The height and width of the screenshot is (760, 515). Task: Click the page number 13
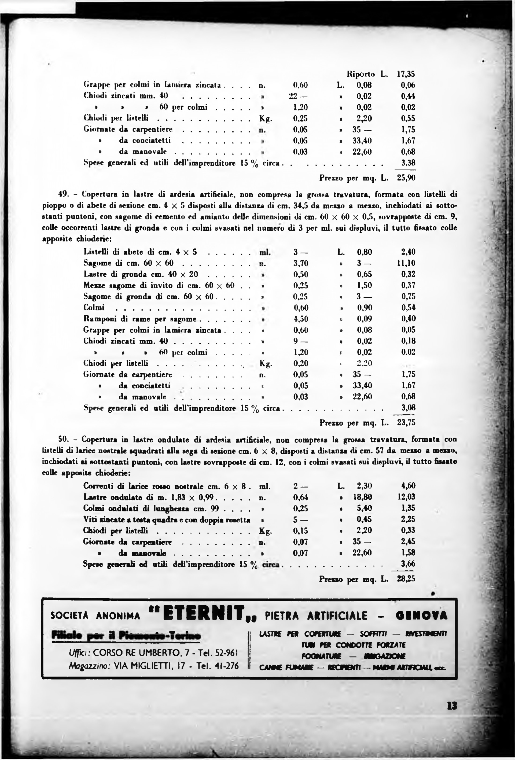coord(452,706)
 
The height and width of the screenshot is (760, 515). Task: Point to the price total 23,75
coord(406,423)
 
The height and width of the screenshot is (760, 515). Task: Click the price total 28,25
coord(406,579)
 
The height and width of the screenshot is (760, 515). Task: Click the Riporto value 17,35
coord(406,74)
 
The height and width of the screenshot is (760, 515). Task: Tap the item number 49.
coord(62,194)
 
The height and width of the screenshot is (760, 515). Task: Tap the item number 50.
coord(62,439)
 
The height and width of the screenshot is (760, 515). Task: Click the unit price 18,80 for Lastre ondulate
coord(363,497)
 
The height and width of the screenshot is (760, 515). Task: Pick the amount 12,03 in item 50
coord(406,497)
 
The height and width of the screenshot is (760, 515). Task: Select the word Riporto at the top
coord(360,74)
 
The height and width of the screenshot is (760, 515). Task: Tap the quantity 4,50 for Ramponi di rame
coord(300,319)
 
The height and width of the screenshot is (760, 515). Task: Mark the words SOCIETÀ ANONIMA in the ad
coord(95,616)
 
